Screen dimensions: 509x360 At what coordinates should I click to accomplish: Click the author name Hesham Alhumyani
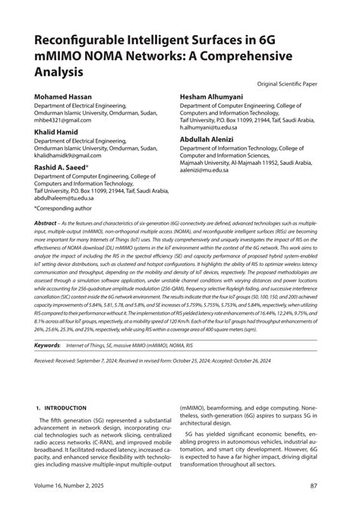coord(219,98)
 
